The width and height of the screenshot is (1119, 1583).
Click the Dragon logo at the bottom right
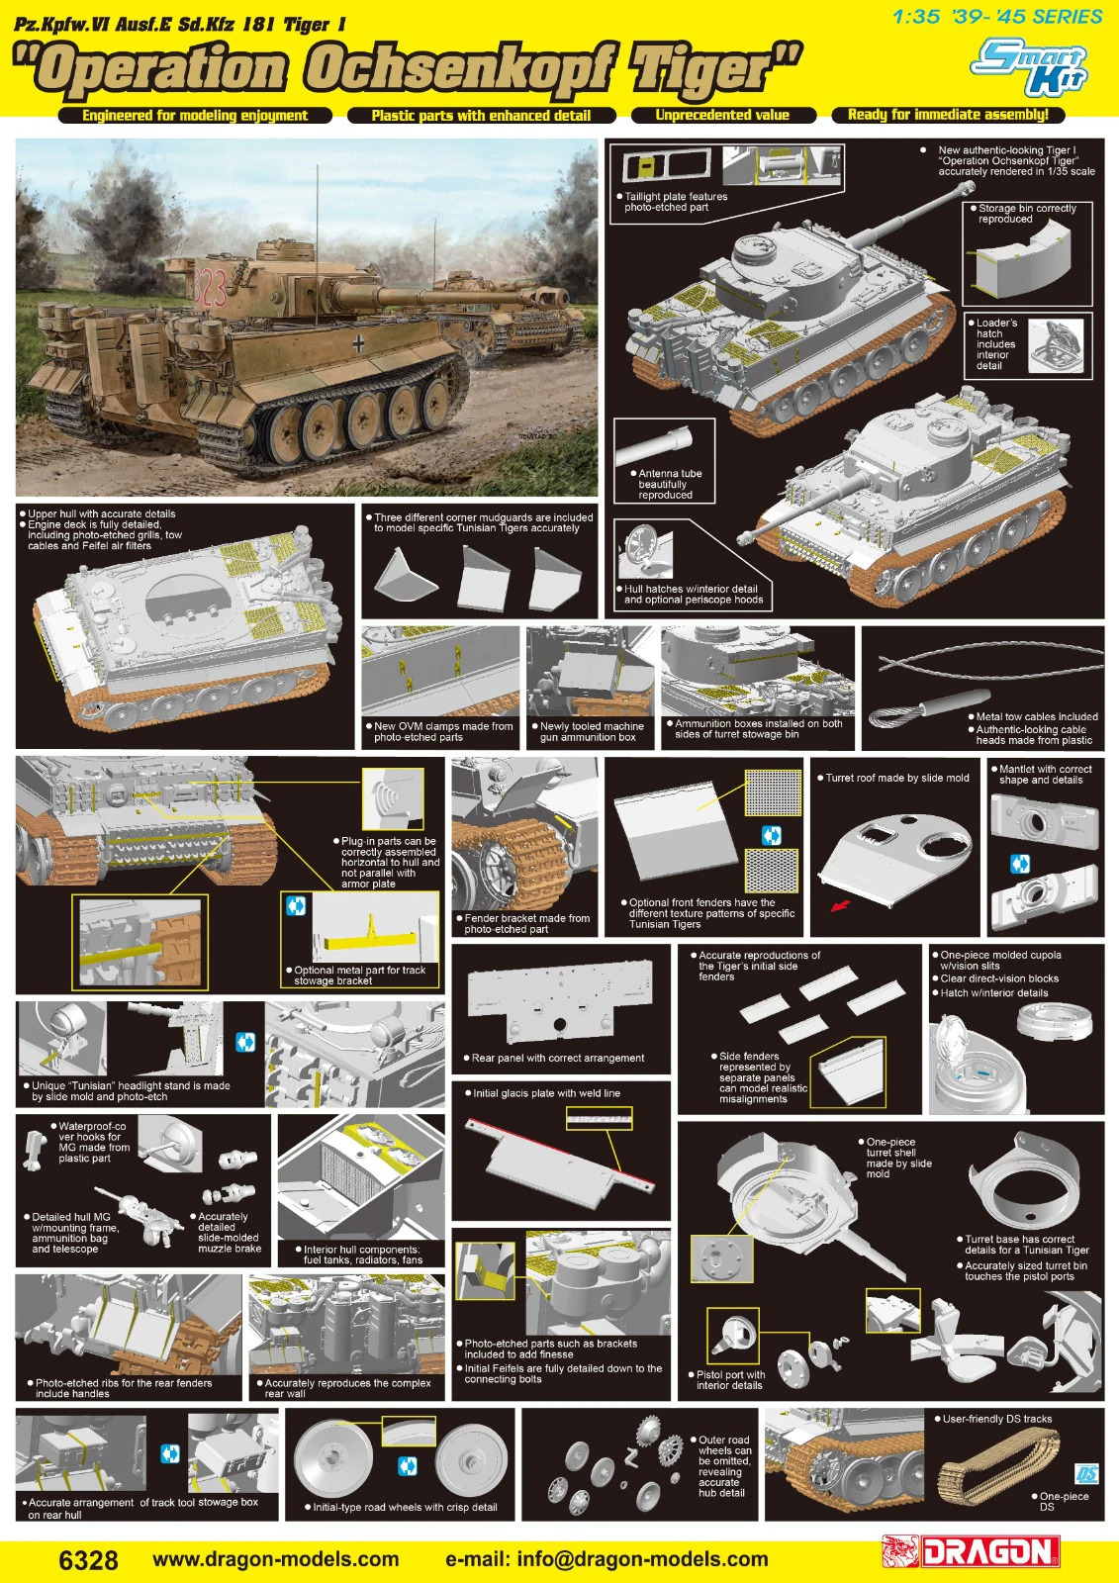[972, 1552]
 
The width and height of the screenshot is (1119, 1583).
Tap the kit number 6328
[89, 1559]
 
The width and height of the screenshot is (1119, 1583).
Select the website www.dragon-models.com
[276, 1559]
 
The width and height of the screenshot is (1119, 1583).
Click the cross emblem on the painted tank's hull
[359, 343]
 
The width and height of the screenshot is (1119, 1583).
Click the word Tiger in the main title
[715, 69]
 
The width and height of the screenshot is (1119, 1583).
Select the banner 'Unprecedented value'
[722, 115]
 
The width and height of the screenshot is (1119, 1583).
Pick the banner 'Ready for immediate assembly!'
[948, 115]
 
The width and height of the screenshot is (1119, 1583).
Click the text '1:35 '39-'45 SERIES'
[997, 17]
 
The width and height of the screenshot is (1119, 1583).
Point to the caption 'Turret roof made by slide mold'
[897, 778]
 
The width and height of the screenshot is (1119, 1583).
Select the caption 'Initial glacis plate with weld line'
[542, 1093]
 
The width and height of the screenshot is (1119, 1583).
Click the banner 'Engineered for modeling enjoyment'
[195, 115]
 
